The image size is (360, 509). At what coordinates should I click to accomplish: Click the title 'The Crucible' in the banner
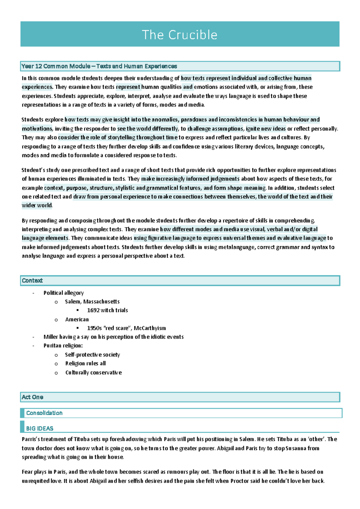(179, 35)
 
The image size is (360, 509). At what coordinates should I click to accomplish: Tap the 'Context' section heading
(32, 281)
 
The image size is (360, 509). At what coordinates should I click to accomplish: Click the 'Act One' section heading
(32, 397)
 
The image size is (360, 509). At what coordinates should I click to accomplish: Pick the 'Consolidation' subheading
(44, 413)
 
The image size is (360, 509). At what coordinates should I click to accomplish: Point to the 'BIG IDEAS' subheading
(40, 428)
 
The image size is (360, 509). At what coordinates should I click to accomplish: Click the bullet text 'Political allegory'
(64, 293)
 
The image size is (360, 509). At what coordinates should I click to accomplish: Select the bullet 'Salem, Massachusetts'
(92, 302)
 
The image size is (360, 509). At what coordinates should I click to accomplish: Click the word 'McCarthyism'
(150, 328)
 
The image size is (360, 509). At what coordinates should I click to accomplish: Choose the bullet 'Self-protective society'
(92, 355)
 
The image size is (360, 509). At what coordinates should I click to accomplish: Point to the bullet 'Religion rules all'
(85, 363)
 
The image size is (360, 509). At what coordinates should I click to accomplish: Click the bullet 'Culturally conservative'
(94, 373)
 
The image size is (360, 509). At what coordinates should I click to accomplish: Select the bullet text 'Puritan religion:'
(63, 345)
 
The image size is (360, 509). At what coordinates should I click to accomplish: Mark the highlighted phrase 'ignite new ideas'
(266, 129)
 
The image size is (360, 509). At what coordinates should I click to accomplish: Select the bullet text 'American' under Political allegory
(77, 319)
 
